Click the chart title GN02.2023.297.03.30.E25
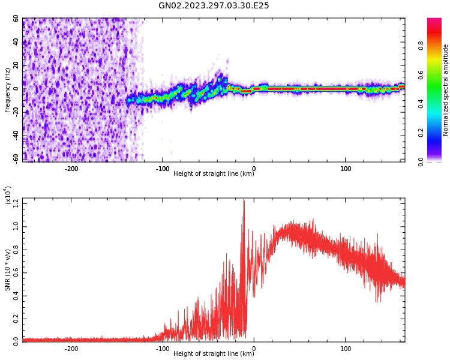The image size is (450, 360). tap(214, 6)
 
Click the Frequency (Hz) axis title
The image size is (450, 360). tap(8, 90)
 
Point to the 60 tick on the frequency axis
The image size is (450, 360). tap(16, 19)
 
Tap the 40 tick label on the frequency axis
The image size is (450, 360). tap(16, 42)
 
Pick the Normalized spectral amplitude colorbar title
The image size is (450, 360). tap(446, 90)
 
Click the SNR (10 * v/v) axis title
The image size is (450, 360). tap(8, 270)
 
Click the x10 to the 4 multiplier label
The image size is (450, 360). tap(7, 196)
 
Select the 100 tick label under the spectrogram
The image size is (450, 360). tap(346, 169)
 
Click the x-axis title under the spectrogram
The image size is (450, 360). tap(214, 174)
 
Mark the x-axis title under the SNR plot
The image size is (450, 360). tap(214, 354)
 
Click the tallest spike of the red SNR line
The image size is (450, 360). tap(244, 200)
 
